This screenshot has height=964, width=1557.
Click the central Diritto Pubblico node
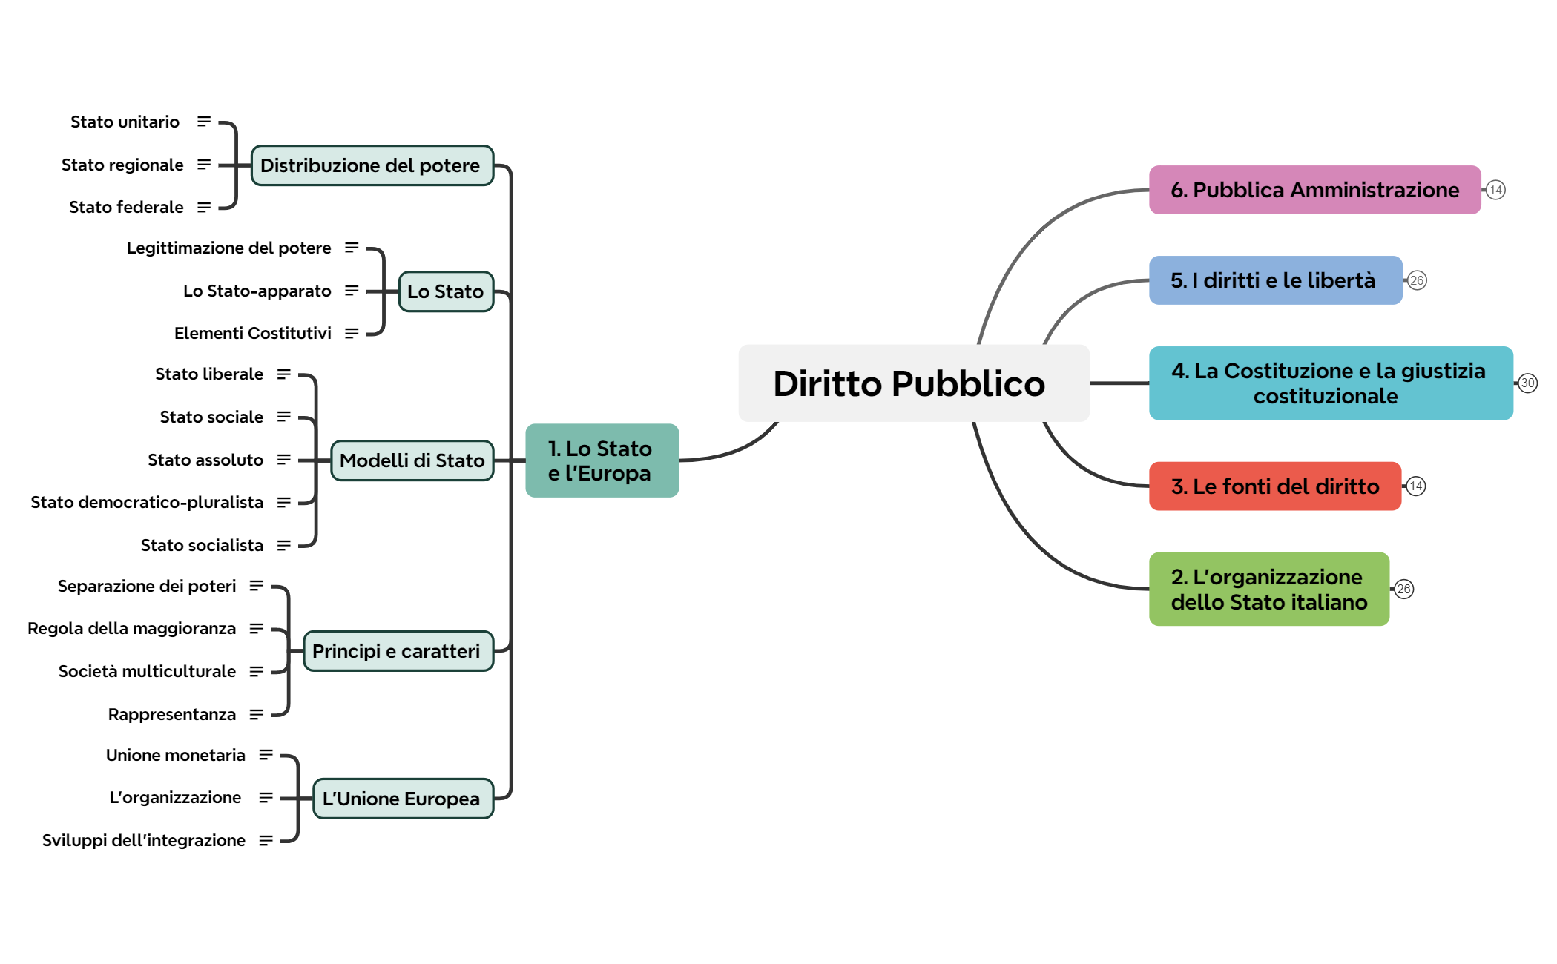[913, 383]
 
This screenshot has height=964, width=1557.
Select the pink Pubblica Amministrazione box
[1314, 190]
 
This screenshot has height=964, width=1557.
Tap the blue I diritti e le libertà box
[1275, 280]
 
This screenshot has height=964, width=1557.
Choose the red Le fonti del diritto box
[1274, 486]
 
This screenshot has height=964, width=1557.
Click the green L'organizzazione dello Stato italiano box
[1268, 589]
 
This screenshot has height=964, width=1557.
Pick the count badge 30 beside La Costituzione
[1527, 383]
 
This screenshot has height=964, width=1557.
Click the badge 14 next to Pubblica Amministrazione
[1495, 190]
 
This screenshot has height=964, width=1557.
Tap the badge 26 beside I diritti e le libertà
[1417, 280]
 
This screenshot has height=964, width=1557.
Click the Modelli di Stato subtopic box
[412, 460]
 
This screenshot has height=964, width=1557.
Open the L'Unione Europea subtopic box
[404, 799]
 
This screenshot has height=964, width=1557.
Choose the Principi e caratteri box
[399, 651]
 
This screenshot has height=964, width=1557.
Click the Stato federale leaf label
[126, 207]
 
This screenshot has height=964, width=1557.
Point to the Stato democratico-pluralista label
[147, 502]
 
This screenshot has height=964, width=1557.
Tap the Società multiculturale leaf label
[147, 671]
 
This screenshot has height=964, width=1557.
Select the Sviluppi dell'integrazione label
[143, 840]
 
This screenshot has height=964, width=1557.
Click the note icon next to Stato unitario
[204, 122]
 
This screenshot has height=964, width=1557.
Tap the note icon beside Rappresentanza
[257, 714]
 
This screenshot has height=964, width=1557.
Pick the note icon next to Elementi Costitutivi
[352, 334]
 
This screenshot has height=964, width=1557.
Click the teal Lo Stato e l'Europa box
[602, 460]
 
